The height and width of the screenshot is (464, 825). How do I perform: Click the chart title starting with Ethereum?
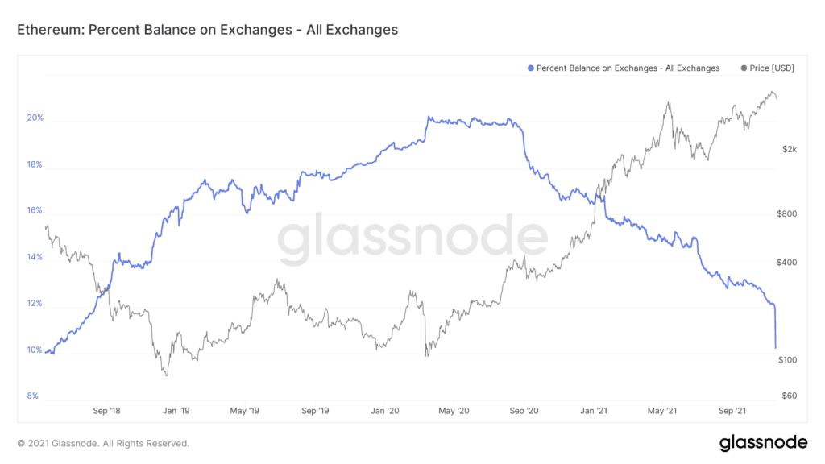(207, 30)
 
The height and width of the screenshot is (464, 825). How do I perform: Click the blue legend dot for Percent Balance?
(529, 68)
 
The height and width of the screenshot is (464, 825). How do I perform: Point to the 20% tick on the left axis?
(35, 118)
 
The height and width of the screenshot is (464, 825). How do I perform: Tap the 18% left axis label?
(35, 165)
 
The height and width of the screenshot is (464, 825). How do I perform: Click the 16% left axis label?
(35, 212)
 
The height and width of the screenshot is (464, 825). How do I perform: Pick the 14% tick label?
(35, 258)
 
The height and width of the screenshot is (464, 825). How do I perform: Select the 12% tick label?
(35, 304)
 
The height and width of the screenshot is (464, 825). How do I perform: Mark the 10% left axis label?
(35, 350)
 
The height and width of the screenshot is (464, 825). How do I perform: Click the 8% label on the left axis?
(34, 396)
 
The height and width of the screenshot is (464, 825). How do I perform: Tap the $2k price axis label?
(790, 150)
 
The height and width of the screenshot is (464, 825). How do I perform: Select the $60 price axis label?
(790, 396)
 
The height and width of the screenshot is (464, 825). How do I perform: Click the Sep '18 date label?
(106, 411)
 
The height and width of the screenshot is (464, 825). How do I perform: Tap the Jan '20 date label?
(384, 411)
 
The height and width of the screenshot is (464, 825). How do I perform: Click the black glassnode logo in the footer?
(762, 442)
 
